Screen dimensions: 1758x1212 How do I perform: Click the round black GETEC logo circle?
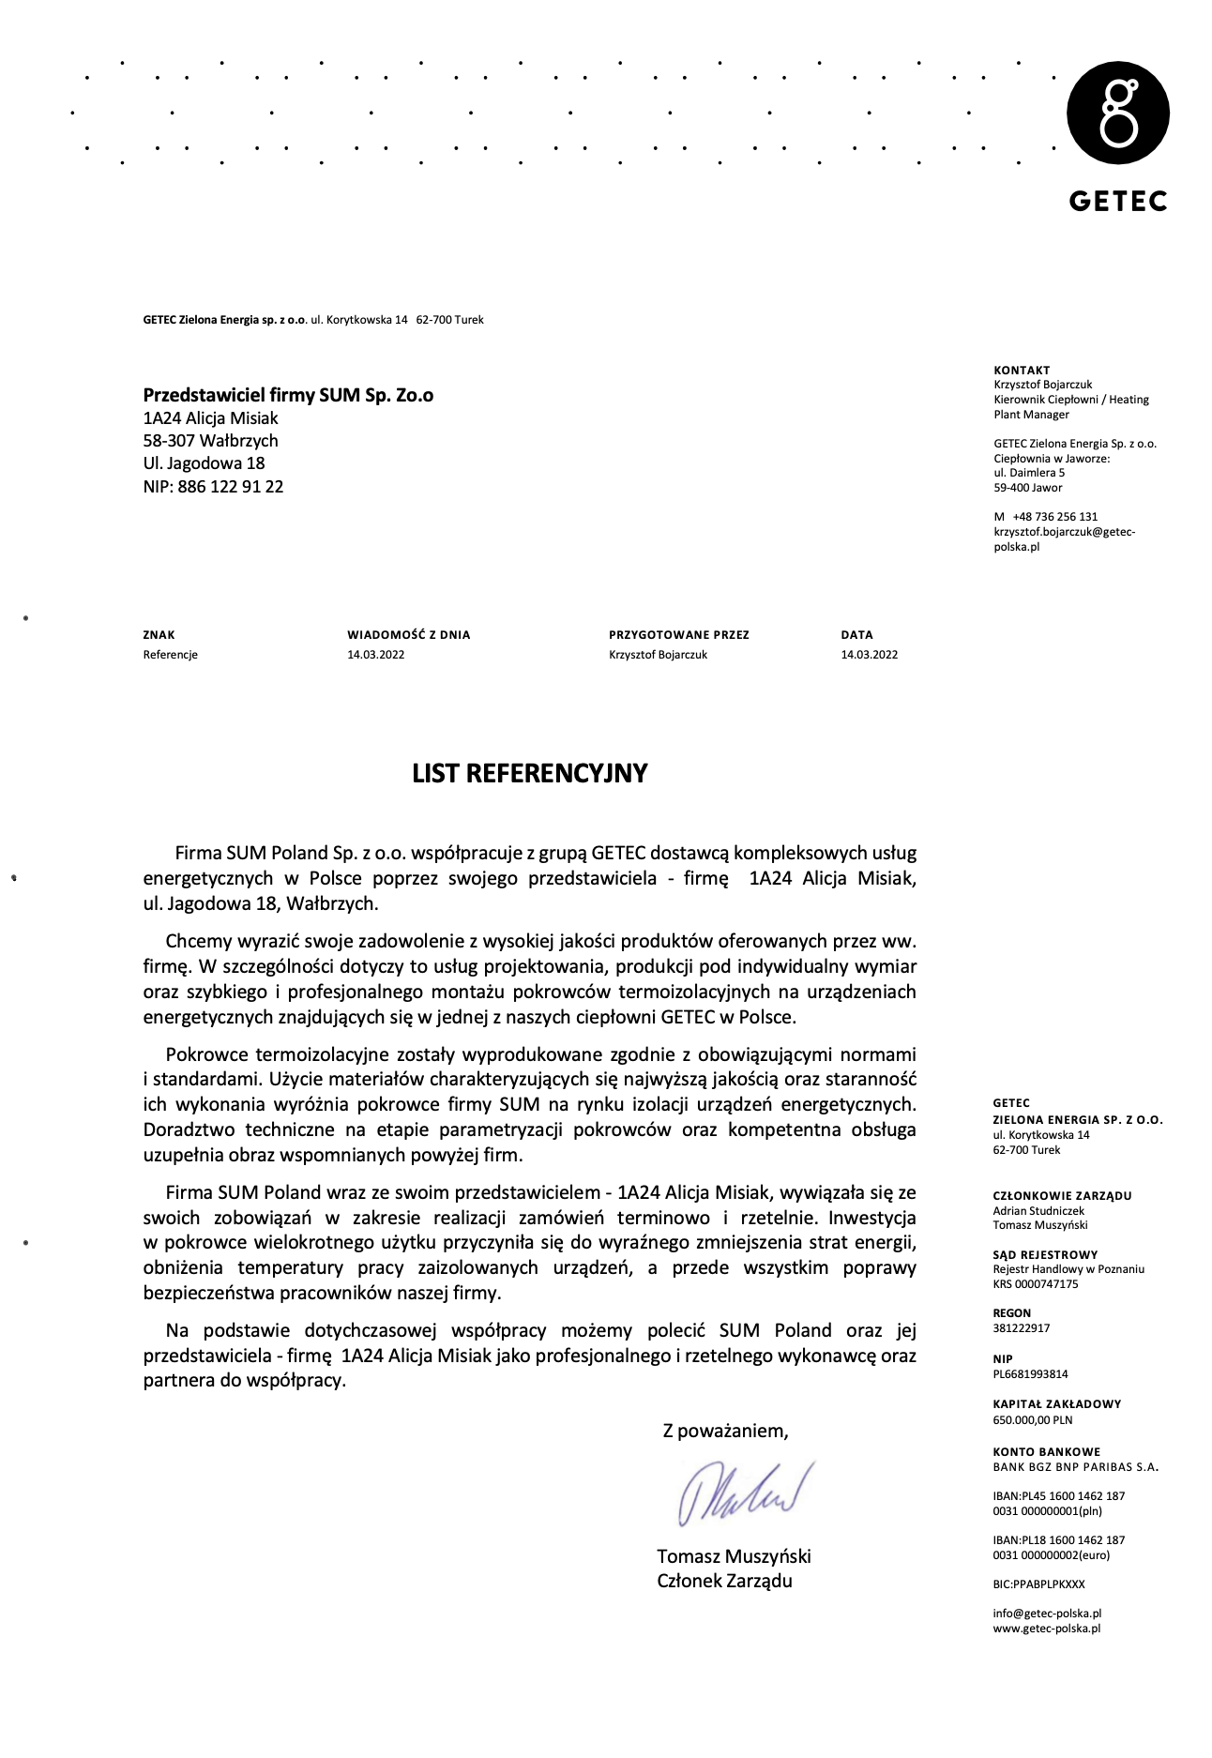(x=1117, y=113)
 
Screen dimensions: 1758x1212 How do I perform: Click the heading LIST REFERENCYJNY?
(x=530, y=773)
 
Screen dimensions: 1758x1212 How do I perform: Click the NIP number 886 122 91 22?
(x=230, y=486)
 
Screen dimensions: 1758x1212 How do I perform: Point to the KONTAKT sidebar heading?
(x=1022, y=371)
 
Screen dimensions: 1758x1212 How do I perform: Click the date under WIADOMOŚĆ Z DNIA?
(x=375, y=655)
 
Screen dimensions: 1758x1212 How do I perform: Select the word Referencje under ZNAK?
(x=171, y=655)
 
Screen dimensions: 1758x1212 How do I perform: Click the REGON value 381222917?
(x=1021, y=1328)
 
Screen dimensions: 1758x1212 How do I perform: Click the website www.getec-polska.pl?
(x=1046, y=1629)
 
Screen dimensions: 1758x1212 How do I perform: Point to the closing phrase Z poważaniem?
(x=725, y=1431)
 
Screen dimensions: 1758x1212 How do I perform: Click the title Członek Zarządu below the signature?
(x=724, y=1581)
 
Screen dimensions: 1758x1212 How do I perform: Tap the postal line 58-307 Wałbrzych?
(x=210, y=440)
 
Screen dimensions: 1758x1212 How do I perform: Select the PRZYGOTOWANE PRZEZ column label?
(x=678, y=635)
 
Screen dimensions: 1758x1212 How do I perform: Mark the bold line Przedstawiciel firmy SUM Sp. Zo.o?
(x=288, y=395)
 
